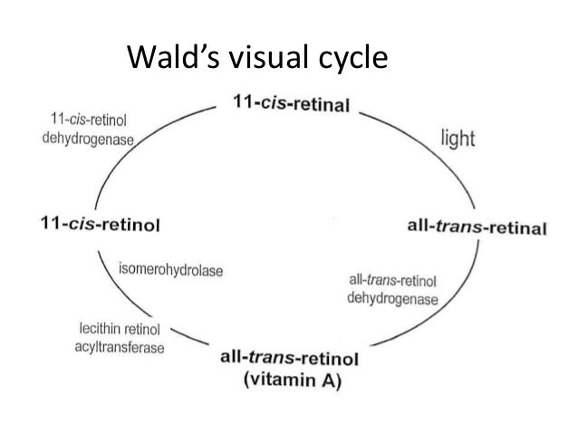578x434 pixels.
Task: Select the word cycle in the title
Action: click(x=348, y=61)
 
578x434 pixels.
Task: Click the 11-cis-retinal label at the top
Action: click(x=291, y=105)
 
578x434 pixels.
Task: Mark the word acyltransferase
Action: click(x=113, y=351)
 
